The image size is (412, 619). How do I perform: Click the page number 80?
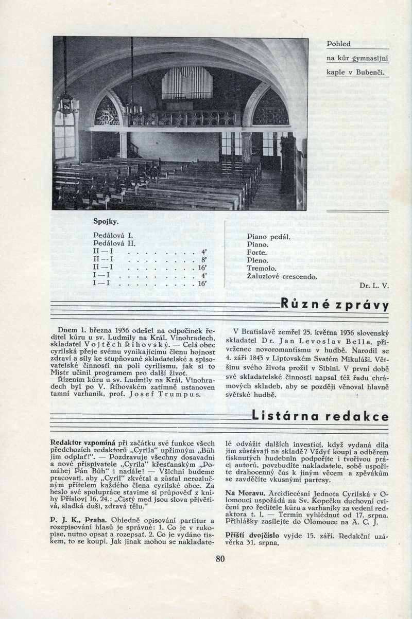220,559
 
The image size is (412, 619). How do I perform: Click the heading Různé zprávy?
334,305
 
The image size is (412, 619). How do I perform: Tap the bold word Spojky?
106,222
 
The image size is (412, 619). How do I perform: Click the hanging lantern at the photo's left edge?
67,103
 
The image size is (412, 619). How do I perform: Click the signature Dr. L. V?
374,285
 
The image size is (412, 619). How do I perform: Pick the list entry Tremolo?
262,268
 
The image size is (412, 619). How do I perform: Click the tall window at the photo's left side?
64,135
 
